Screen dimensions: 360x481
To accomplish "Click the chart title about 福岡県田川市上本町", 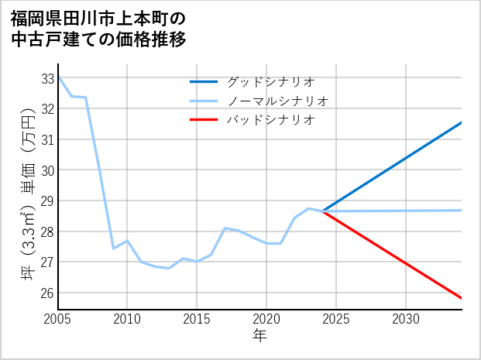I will (x=98, y=28).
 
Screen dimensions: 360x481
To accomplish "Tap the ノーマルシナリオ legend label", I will (x=277, y=101).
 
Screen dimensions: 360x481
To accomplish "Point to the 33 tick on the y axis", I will (x=47, y=78).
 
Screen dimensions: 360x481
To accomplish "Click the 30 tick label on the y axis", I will (x=47, y=170).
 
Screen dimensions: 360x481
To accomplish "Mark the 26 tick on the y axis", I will (x=47, y=293).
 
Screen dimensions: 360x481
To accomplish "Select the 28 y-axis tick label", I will (x=47, y=231).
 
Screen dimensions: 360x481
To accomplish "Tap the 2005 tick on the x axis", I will (x=58, y=319).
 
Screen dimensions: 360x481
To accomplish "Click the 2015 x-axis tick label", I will (x=197, y=319).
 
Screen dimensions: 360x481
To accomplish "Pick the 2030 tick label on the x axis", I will (x=406, y=319).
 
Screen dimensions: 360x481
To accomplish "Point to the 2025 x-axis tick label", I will (x=336, y=319).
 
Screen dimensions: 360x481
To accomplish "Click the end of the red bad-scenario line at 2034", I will (x=462, y=298).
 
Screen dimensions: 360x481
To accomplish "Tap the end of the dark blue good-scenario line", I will (x=462, y=122).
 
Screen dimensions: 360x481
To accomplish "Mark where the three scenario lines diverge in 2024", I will (x=323, y=211).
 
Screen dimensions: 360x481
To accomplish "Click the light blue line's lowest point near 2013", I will (x=169, y=268).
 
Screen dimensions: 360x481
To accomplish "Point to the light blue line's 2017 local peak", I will (x=225, y=228).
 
